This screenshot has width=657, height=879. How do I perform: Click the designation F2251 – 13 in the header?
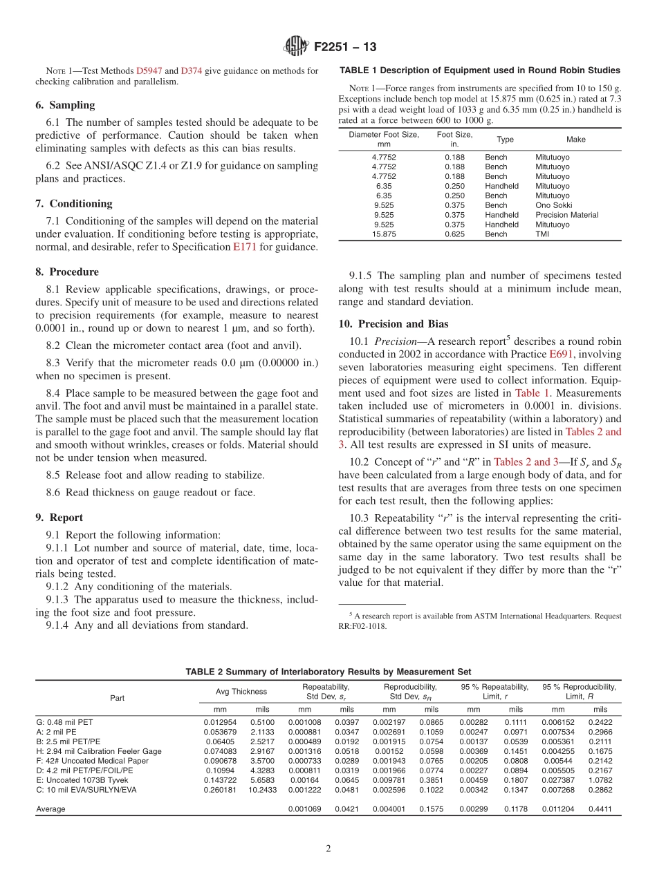pos(345,48)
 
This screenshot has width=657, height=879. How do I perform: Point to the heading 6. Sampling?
pos(65,105)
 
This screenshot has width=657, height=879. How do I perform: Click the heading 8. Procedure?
pos(67,272)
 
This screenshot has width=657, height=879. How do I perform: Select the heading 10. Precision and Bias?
pos(394,323)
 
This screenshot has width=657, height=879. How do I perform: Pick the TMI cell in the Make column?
pos(543,234)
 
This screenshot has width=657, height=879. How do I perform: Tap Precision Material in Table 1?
pos(566,215)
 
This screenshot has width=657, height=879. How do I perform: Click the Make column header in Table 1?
pos(575,140)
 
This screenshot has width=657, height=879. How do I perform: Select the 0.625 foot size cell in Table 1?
pos(454,234)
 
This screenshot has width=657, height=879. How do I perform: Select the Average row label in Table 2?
pos(50,809)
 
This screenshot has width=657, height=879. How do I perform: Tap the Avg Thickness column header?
pos(241,692)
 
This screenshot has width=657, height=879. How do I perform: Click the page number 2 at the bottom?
pos(328,848)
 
